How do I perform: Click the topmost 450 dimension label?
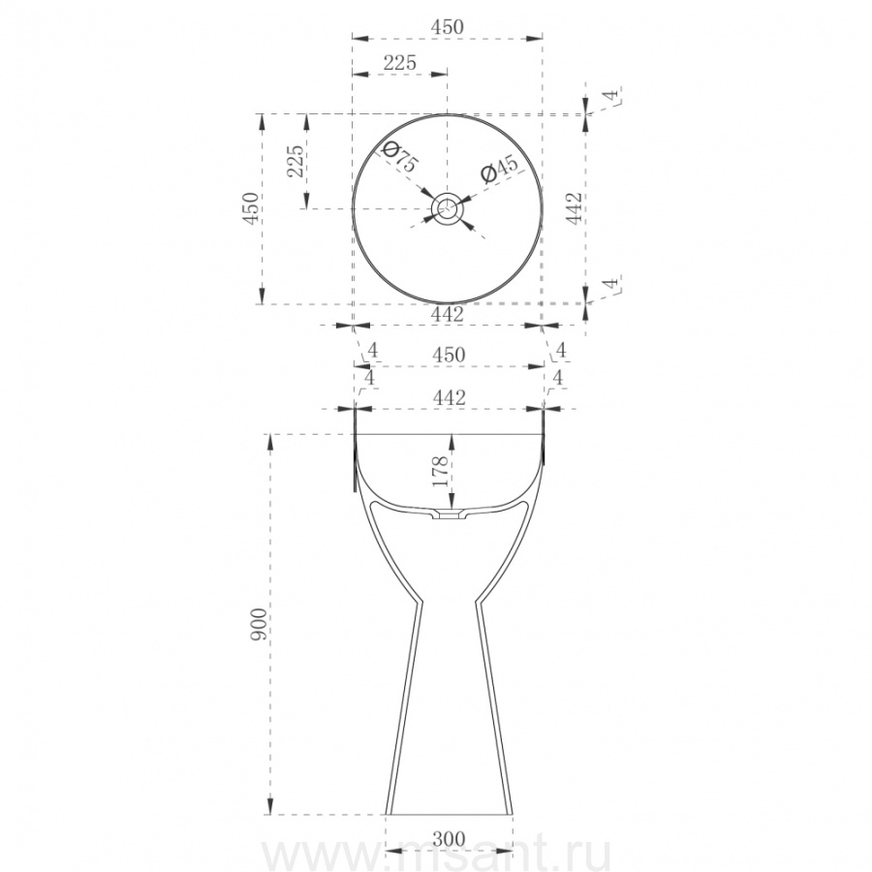[447, 27]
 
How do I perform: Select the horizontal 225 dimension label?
[400, 62]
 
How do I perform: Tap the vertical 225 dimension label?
[296, 161]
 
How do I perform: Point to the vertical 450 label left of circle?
[251, 208]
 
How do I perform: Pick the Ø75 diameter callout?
[399, 157]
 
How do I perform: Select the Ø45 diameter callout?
[499, 169]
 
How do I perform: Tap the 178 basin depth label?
[440, 471]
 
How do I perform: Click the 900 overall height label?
[259, 624]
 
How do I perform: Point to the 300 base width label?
[449, 839]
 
